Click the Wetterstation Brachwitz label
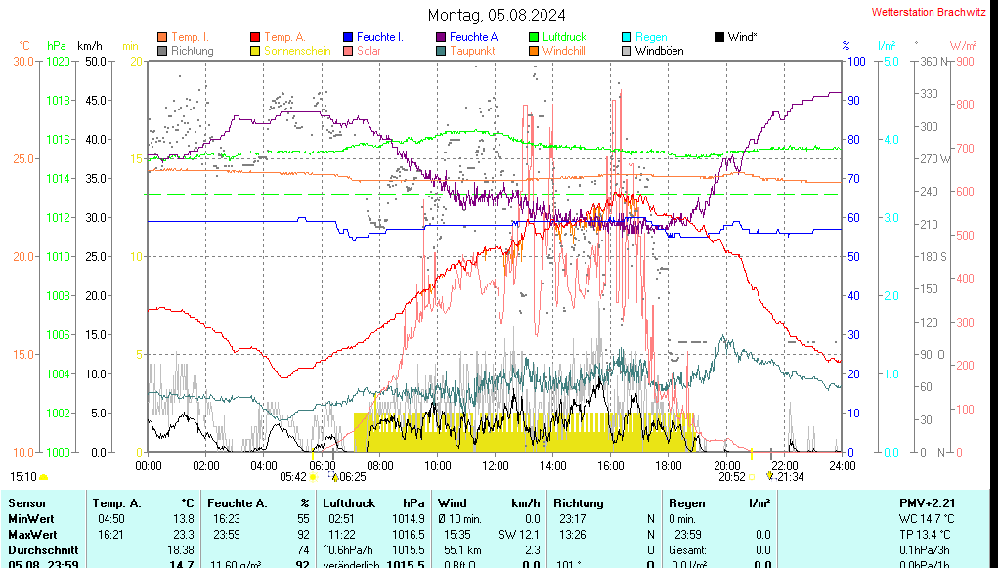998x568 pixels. tap(928, 13)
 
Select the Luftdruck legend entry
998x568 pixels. tap(564, 37)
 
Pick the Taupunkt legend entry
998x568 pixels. tap(472, 51)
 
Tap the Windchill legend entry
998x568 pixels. tap(563, 51)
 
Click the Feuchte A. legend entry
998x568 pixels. tap(475, 37)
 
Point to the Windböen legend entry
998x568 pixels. tap(659, 51)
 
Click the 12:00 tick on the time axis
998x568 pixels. tap(496, 465)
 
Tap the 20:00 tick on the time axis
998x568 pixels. tap(726, 465)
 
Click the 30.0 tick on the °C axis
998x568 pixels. tap(23, 61)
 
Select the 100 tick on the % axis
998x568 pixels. tap(855, 61)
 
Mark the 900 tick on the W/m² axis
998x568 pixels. tap(964, 61)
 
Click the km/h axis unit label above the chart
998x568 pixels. tap(90, 46)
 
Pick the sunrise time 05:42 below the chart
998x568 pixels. tap(293, 477)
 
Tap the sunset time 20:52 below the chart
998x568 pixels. tap(732, 477)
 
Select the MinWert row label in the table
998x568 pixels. tap(30, 519)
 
